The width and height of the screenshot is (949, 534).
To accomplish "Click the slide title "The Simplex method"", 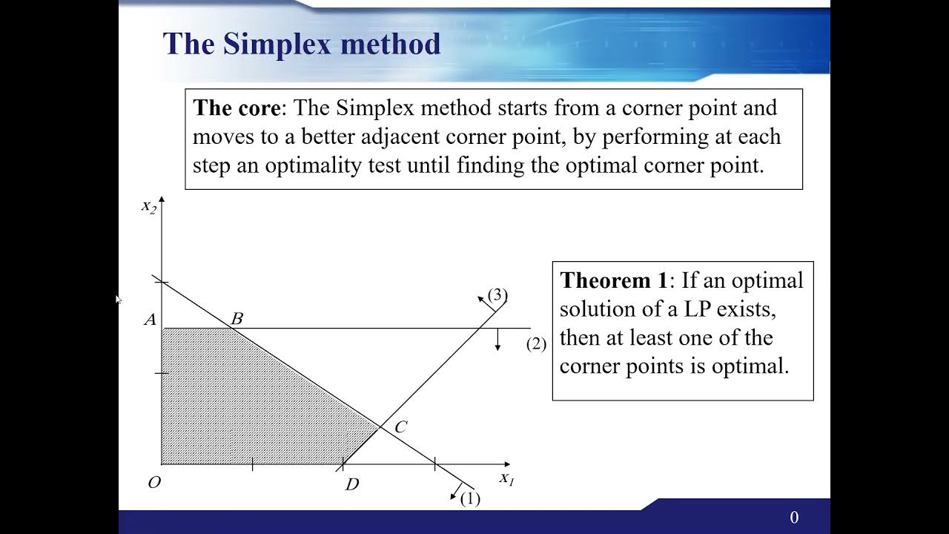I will pyautogui.click(x=301, y=44).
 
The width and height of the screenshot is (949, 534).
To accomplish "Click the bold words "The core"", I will pyautogui.click(x=237, y=108).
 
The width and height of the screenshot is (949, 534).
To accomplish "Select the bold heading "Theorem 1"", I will pyautogui.click(x=614, y=280).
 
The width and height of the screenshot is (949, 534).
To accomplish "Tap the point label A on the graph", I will pyautogui.click(x=151, y=320).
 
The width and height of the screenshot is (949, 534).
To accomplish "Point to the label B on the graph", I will pyautogui.click(x=237, y=319).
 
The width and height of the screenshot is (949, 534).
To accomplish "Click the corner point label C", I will pyautogui.click(x=400, y=426).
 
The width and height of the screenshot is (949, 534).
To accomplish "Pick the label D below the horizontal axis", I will pyautogui.click(x=352, y=485).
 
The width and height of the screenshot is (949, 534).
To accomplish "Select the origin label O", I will pyautogui.click(x=154, y=483).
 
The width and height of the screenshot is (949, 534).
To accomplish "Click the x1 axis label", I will pyautogui.click(x=506, y=478).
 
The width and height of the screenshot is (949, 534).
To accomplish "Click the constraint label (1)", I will pyautogui.click(x=470, y=498).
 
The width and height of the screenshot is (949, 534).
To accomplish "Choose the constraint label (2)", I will pyautogui.click(x=536, y=344).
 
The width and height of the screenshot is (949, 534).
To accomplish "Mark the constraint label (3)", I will pyautogui.click(x=497, y=295).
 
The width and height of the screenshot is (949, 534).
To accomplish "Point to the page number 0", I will pyautogui.click(x=794, y=518).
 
